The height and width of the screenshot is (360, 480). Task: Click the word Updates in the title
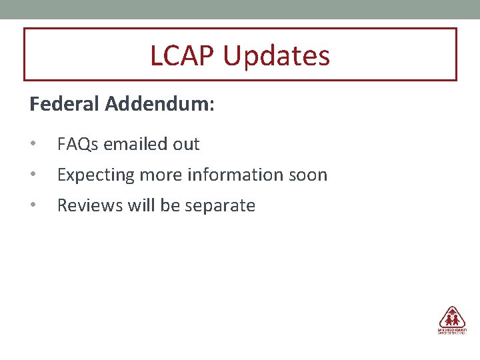click(x=276, y=56)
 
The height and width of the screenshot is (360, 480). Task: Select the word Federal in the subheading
click(x=64, y=105)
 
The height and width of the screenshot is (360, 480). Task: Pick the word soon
click(x=309, y=175)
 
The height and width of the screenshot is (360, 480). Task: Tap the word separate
click(x=220, y=205)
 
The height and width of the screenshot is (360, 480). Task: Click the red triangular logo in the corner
click(x=452, y=317)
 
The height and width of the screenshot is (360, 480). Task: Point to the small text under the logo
click(x=452, y=331)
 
